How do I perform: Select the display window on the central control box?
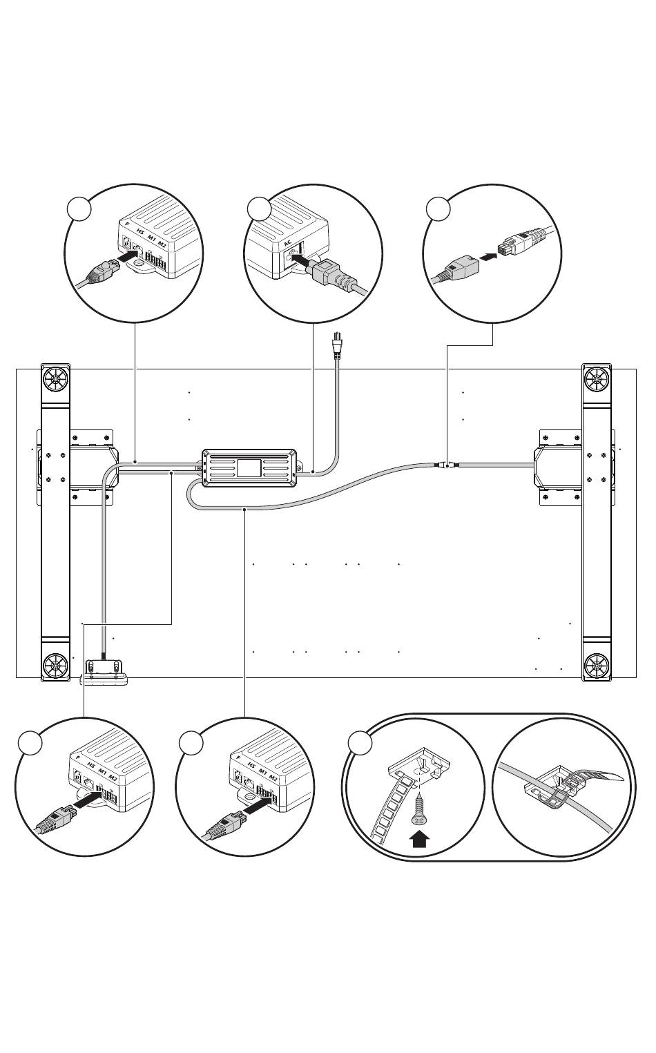pos(249,466)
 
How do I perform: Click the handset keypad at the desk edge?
pos(104,670)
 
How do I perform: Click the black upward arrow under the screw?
pos(420,840)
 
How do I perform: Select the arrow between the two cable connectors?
pos(487,256)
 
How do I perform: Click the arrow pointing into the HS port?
pos(127,257)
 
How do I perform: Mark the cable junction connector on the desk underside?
pos(445,466)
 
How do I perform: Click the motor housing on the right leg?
pos(546,465)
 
